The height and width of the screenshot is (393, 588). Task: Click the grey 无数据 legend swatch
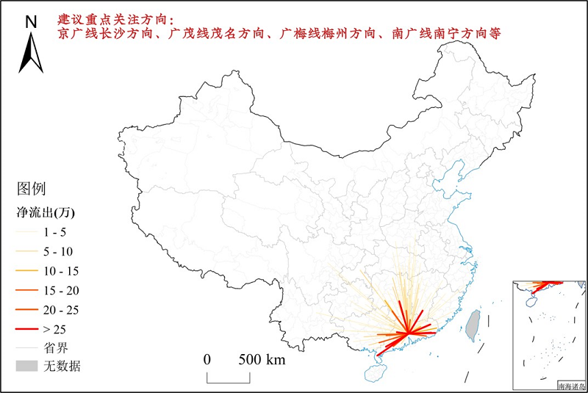click(x=23, y=365)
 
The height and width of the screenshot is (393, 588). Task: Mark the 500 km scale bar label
click(x=261, y=360)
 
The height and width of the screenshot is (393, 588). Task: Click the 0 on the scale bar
click(x=207, y=360)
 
